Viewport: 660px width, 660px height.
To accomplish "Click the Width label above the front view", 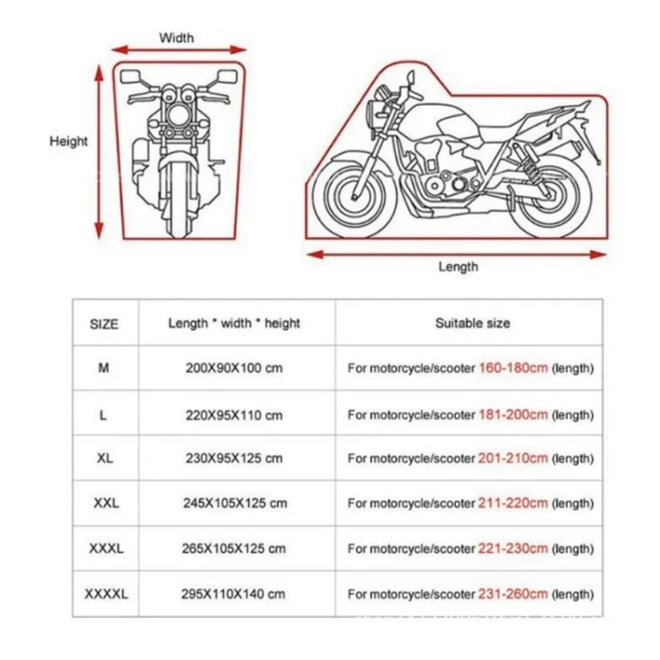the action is pyautogui.click(x=176, y=38).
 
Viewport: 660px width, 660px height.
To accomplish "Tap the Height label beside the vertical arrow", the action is pyautogui.click(x=69, y=141).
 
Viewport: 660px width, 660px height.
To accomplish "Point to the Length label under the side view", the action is pyautogui.click(x=458, y=267).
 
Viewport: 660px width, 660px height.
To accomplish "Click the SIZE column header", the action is pyautogui.click(x=104, y=324).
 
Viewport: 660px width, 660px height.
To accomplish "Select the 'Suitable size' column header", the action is pyautogui.click(x=473, y=323).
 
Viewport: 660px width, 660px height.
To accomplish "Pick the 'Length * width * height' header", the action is pyautogui.click(x=234, y=323).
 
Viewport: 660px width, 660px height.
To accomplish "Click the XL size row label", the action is pyautogui.click(x=106, y=458).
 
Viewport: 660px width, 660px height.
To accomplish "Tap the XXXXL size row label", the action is pyautogui.click(x=106, y=594).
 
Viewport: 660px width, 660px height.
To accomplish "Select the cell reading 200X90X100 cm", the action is pyautogui.click(x=234, y=368).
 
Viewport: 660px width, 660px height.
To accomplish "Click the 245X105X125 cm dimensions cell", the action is pyautogui.click(x=235, y=503).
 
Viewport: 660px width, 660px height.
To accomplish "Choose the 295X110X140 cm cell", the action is pyautogui.click(x=233, y=594).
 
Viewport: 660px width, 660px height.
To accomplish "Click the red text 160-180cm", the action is pyautogui.click(x=514, y=368).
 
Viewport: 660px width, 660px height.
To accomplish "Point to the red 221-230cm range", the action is pyautogui.click(x=513, y=548).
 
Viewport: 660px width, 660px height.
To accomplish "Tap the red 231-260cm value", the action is pyautogui.click(x=513, y=593).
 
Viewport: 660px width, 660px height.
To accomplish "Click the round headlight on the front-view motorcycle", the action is pyautogui.click(x=179, y=115).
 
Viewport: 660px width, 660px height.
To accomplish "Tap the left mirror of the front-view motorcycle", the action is pyautogui.click(x=131, y=77).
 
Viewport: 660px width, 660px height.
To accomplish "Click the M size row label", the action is pyautogui.click(x=104, y=368).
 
